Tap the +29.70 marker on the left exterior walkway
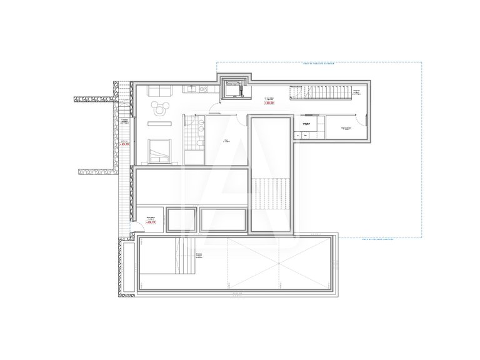124,143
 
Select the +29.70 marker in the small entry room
150,221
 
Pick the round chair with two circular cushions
161,108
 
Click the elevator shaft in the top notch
236,89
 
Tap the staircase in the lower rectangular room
184,256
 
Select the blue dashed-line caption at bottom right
391,238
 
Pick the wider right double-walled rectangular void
224,219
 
